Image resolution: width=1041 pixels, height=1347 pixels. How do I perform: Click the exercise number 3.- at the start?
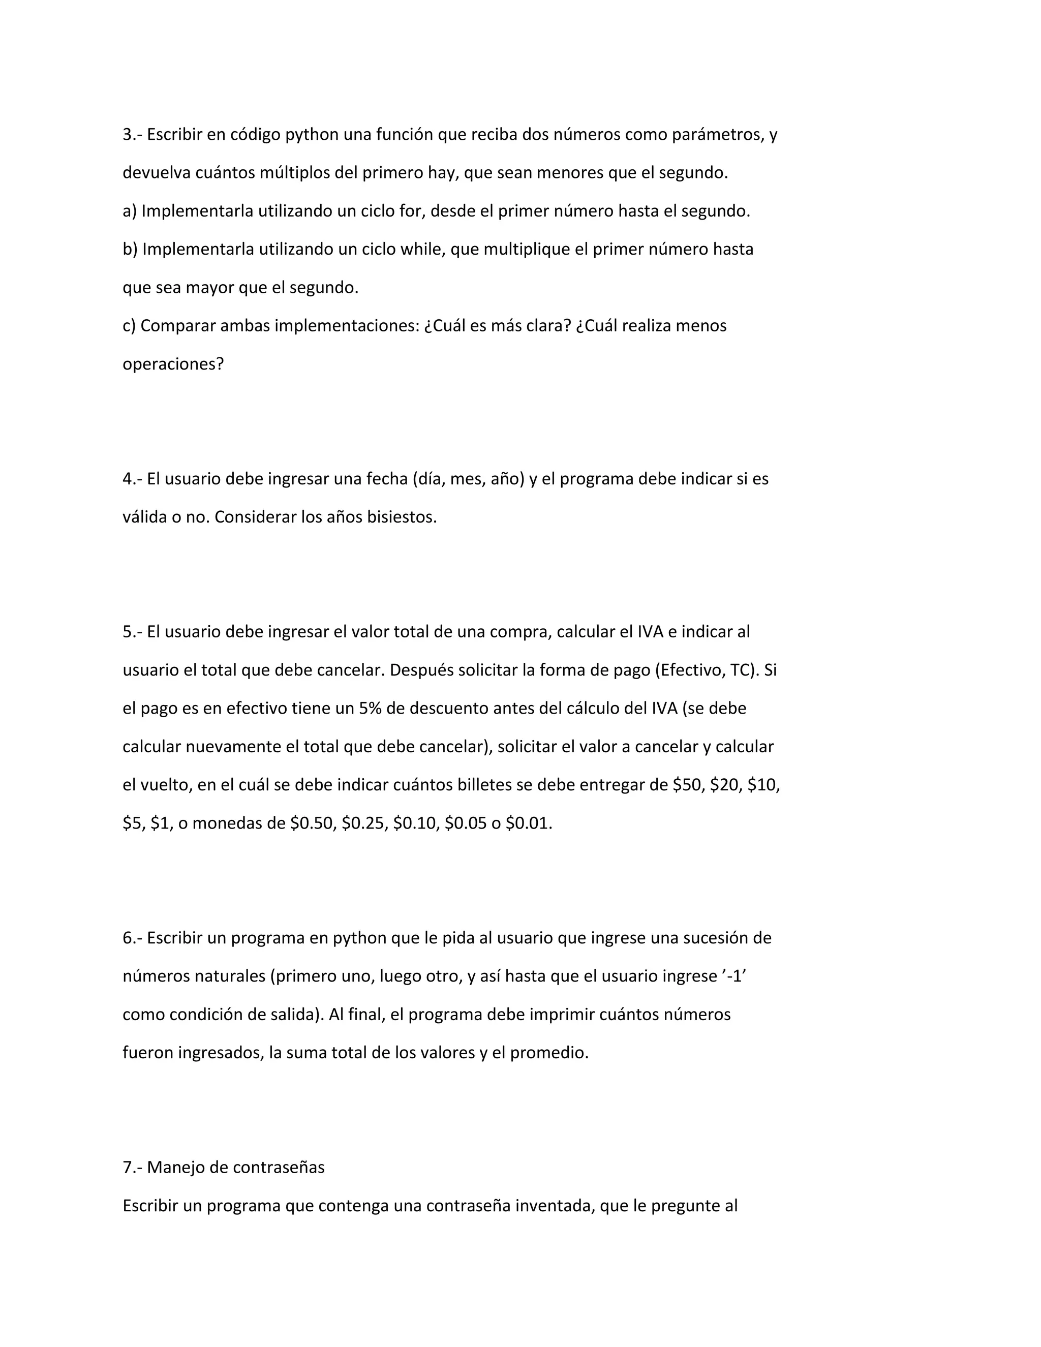[x=133, y=135]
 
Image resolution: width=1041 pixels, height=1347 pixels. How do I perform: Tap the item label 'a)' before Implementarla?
[x=130, y=211]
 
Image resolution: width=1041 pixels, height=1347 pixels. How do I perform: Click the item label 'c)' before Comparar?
[x=130, y=326]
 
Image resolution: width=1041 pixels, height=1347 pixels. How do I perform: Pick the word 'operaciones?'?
[x=173, y=364]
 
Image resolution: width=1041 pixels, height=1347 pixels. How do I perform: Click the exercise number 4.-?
[x=133, y=479]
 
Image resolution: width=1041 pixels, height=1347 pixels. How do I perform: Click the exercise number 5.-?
[x=133, y=631]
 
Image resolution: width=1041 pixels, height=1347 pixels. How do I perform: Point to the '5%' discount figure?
[x=370, y=708]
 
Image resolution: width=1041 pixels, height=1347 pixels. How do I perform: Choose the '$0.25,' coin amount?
[x=364, y=823]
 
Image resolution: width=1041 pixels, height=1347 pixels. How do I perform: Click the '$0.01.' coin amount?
[x=529, y=823]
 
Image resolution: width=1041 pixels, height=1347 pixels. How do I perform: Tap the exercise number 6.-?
[x=133, y=937]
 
